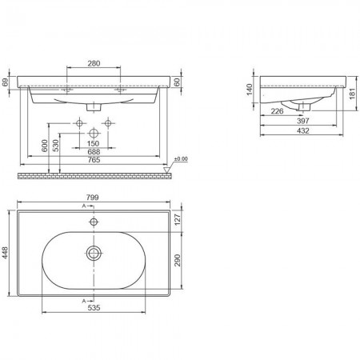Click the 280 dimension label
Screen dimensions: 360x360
tap(94, 63)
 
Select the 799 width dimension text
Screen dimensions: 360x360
tap(92, 198)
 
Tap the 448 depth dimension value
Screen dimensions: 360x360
tap(5, 253)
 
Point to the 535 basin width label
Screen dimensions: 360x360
tap(94, 308)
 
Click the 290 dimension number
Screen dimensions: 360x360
tap(178, 260)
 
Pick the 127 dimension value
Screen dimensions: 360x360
tap(178, 219)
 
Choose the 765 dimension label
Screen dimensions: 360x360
tap(94, 160)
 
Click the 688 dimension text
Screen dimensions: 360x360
tap(94, 152)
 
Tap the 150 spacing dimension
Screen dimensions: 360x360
tap(93, 143)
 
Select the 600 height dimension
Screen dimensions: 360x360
tap(45, 146)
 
